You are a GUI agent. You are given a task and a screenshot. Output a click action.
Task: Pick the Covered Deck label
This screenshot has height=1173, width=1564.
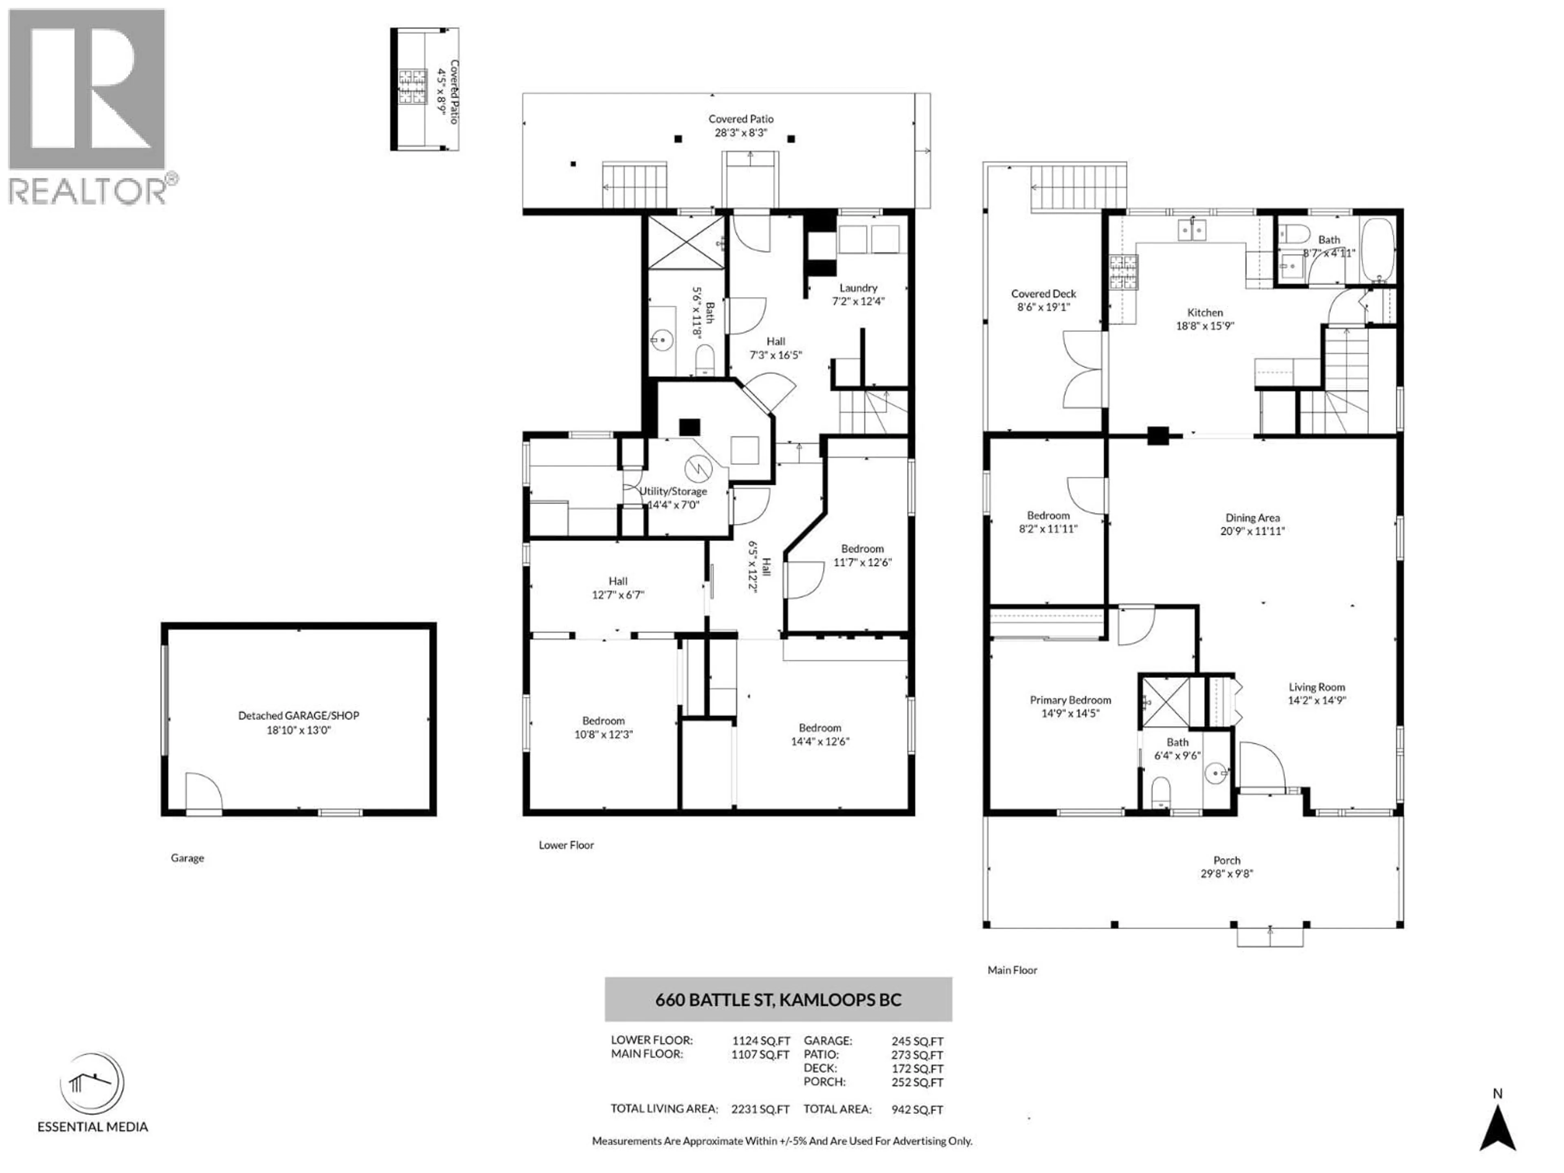tap(1043, 293)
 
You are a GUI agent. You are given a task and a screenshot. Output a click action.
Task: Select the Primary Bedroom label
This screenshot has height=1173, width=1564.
tap(1070, 700)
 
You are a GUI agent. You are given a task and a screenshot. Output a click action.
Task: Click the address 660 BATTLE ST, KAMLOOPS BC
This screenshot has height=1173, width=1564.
tap(778, 1000)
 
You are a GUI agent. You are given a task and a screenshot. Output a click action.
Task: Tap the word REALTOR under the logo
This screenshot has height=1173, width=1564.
tap(87, 191)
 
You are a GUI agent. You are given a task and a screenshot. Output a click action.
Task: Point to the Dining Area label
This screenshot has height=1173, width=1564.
tap(1252, 518)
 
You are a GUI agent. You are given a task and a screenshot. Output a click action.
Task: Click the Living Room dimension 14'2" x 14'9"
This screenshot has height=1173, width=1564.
tap(1316, 701)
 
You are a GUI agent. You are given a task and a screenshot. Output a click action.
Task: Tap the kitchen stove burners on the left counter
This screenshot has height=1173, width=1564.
tap(1122, 273)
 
